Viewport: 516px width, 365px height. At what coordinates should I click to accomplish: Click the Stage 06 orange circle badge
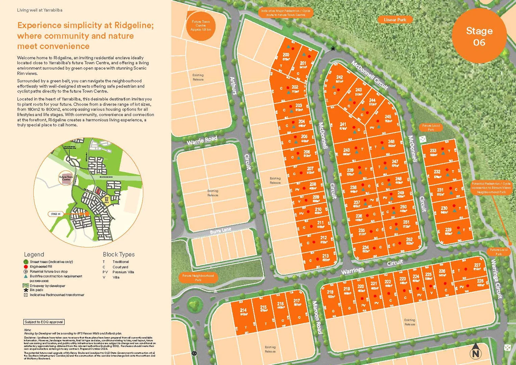coord(479,36)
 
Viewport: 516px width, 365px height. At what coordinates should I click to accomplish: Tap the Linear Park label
coord(395,20)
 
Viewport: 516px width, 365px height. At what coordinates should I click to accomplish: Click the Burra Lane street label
coord(220,231)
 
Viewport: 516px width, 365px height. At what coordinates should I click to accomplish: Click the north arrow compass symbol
coord(475,351)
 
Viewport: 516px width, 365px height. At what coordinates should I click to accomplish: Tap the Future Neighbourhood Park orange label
coord(198,277)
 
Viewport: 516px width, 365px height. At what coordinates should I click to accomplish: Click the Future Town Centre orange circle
coord(201,26)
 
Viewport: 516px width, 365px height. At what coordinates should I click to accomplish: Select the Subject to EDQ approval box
coord(44,322)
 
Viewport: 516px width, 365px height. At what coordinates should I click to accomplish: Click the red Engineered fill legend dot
coord(26,267)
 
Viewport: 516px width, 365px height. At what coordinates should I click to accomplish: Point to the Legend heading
coord(34,254)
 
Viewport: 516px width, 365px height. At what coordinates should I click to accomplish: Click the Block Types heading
coord(119,254)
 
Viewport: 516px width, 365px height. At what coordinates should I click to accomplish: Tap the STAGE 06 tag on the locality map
coord(56,214)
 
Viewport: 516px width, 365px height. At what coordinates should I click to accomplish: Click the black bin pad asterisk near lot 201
coord(333,49)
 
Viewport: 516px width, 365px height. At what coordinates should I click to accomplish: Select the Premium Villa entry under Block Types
coord(123,272)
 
